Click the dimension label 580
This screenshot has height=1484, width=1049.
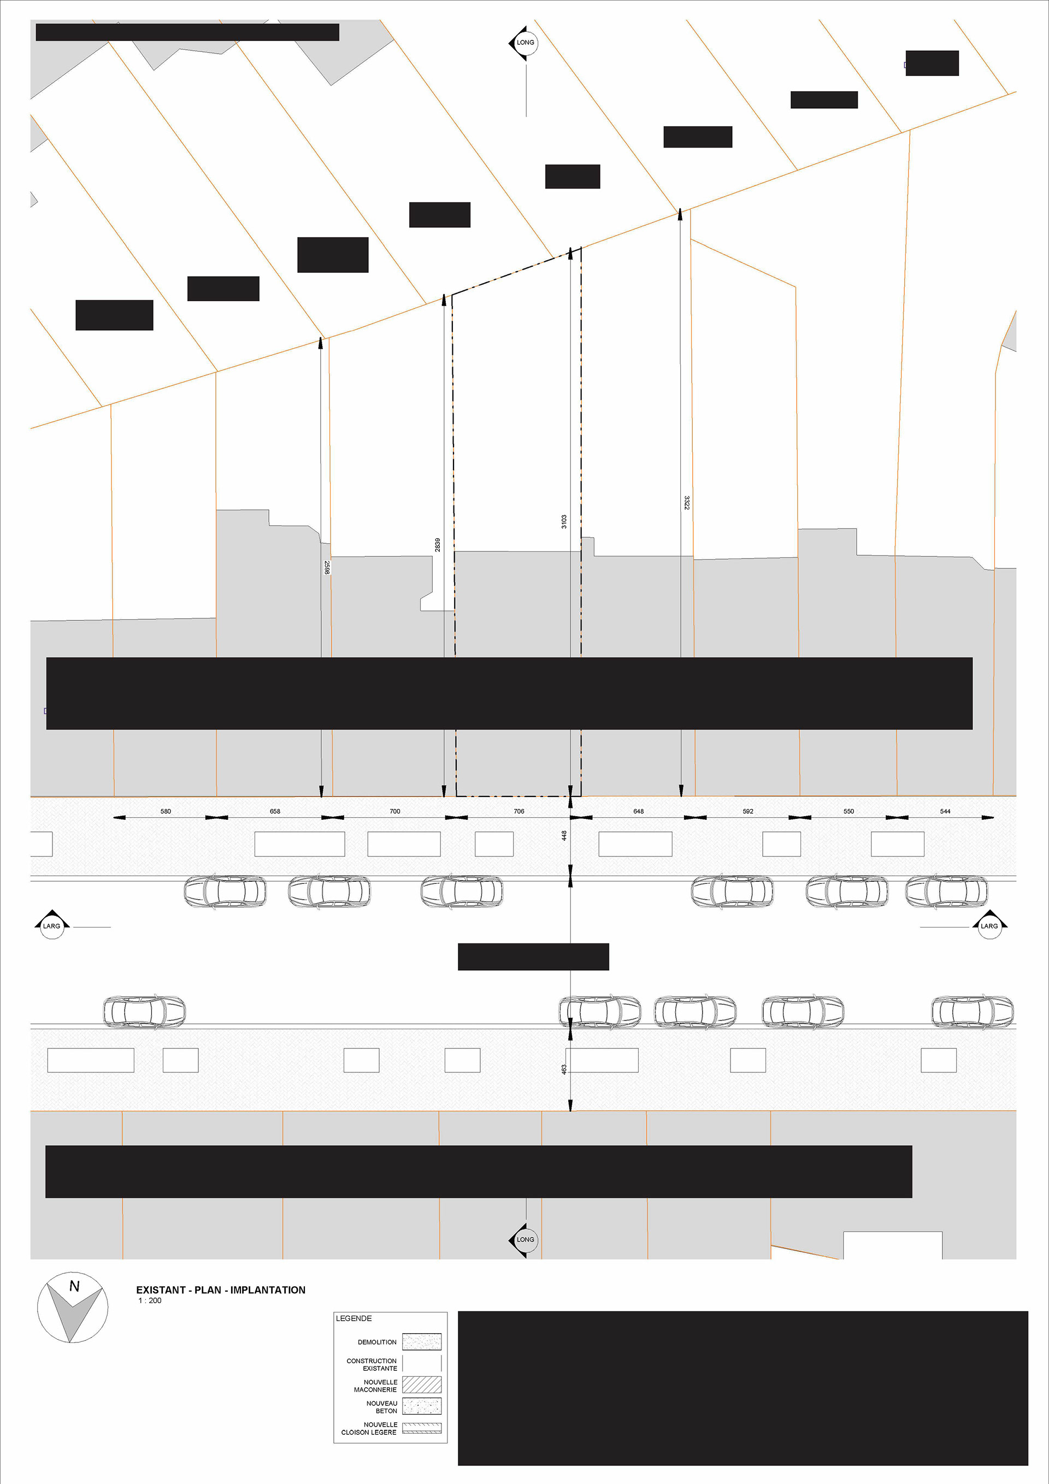pyautogui.click(x=166, y=811)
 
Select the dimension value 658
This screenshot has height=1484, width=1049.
pyautogui.click(x=275, y=811)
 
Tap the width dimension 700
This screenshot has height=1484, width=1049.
pyautogui.click(x=394, y=811)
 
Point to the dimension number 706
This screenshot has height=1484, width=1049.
pyautogui.click(x=518, y=811)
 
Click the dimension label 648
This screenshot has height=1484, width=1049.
pyautogui.click(x=638, y=811)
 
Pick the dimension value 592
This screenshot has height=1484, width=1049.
pyautogui.click(x=748, y=811)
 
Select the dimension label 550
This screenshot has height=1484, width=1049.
pyautogui.click(x=848, y=811)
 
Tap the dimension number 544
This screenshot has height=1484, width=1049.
pyautogui.click(x=945, y=811)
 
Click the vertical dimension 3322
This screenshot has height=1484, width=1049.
pyautogui.click(x=687, y=503)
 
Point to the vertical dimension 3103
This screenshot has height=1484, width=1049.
pyautogui.click(x=564, y=521)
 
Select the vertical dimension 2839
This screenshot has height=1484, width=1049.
pyautogui.click(x=437, y=545)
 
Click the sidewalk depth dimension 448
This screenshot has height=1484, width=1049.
pyautogui.click(x=564, y=836)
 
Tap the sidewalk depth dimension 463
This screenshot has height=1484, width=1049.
pyautogui.click(x=564, y=1070)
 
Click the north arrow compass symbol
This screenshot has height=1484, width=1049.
pyautogui.click(x=72, y=1307)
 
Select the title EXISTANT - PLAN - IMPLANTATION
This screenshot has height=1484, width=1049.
pyautogui.click(x=220, y=1289)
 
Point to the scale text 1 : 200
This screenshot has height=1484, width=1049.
pyautogui.click(x=150, y=1300)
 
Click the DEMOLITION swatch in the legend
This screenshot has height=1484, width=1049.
pyautogui.click(x=422, y=1341)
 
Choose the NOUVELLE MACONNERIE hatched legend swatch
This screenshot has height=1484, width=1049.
pyautogui.click(x=422, y=1384)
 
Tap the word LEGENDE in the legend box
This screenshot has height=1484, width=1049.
pyautogui.click(x=353, y=1318)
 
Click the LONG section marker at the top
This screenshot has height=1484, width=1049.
pyautogui.click(x=524, y=43)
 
